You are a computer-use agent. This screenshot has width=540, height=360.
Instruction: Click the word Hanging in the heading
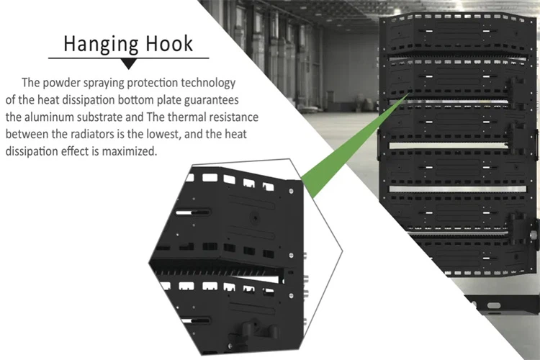[x=101, y=45]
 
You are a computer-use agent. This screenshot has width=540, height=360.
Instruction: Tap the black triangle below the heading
[x=128, y=64]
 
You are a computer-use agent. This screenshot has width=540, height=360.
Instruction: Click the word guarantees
[x=212, y=100]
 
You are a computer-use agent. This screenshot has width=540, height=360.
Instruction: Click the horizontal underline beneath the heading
[x=128, y=58]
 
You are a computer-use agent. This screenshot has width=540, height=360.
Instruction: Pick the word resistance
[x=234, y=117]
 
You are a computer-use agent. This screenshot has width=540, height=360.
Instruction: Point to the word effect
[x=76, y=151]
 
